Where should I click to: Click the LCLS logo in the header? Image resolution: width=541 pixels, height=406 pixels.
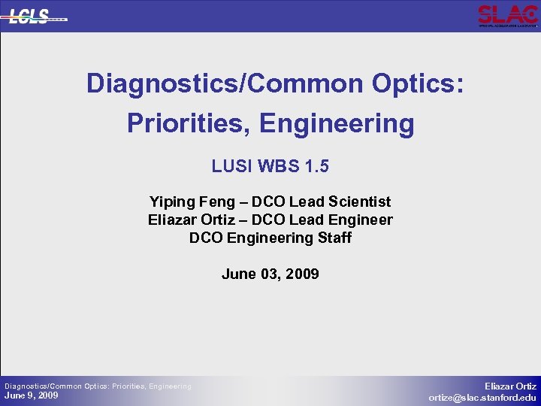[x=37, y=16]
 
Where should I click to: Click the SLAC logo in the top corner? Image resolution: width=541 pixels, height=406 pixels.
[x=507, y=16]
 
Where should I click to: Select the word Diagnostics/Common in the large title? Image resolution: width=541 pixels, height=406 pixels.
[x=225, y=83]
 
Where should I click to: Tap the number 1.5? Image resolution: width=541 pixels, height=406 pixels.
[x=316, y=166]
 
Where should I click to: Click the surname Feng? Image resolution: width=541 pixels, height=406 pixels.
[x=219, y=202]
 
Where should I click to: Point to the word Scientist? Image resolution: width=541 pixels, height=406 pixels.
[x=358, y=202]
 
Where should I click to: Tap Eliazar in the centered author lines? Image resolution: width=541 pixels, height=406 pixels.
[x=174, y=220]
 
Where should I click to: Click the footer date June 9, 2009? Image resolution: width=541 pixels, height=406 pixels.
[x=32, y=396]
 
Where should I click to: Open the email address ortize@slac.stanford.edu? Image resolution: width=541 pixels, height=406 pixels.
[x=482, y=398]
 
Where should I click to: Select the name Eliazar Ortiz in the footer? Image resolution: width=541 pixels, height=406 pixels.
[x=510, y=385]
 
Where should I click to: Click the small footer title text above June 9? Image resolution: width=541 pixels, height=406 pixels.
[x=98, y=386]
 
